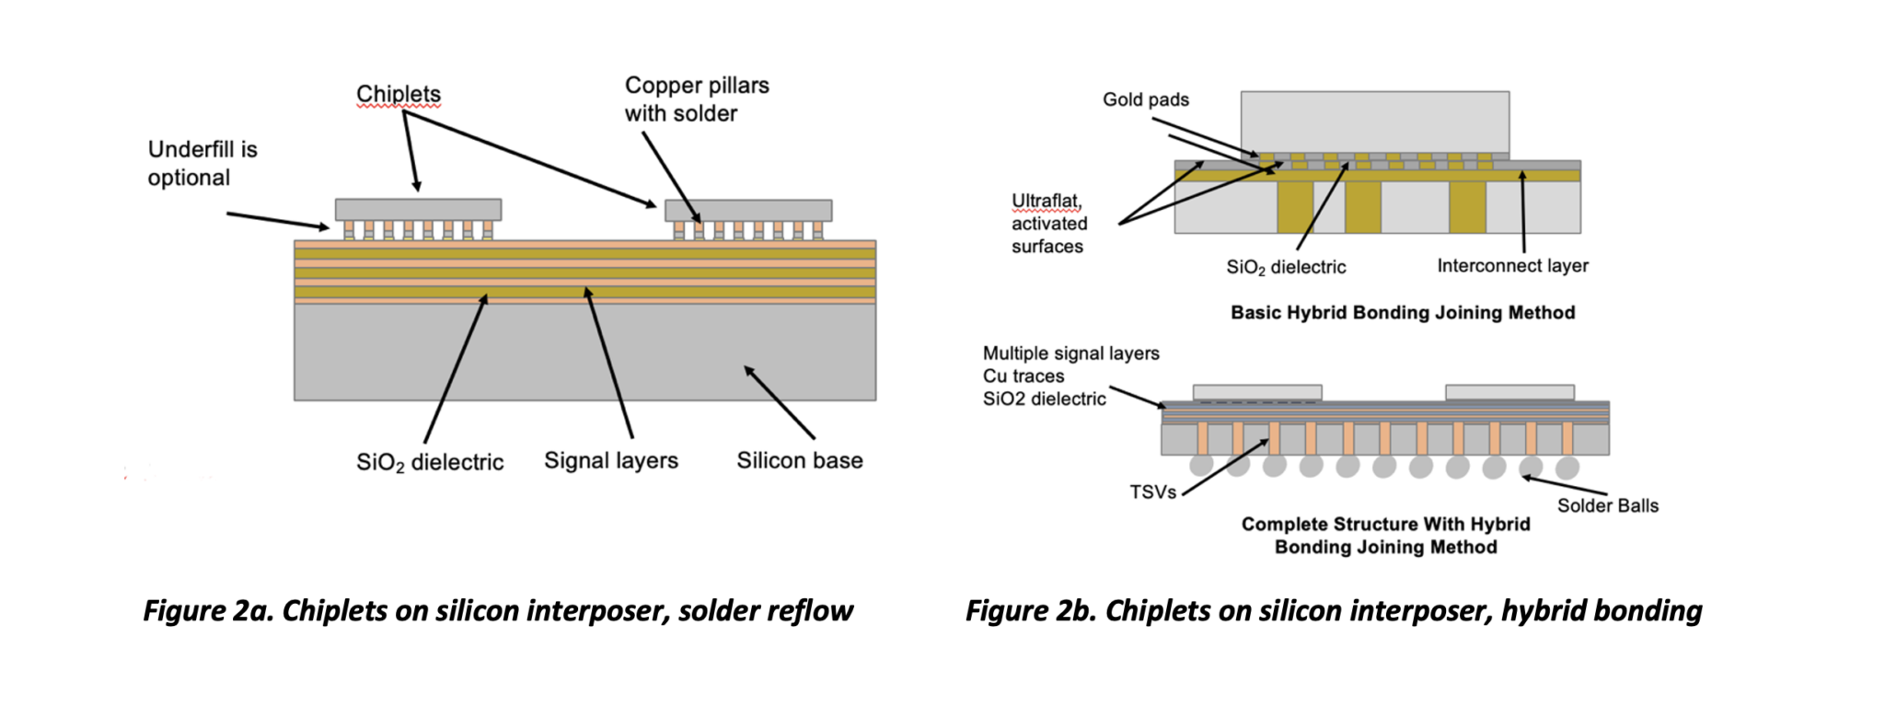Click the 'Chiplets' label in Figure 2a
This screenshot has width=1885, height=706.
(399, 94)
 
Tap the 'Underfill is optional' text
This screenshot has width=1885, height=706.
(202, 163)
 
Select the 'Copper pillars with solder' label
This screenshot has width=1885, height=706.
(696, 99)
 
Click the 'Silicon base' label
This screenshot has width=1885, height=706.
(799, 460)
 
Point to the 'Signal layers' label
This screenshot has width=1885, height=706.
(610, 460)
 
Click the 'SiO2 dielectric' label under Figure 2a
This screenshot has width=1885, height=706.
(430, 462)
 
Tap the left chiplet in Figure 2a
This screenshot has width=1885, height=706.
(418, 209)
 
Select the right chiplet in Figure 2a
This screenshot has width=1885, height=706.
(748, 210)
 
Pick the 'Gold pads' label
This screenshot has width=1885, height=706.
(1145, 99)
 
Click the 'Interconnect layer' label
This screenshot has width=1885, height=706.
(1512, 266)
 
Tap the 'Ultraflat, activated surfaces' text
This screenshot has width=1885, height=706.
(1049, 224)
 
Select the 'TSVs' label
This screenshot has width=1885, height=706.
(1152, 492)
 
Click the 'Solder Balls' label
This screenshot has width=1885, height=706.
(1607, 505)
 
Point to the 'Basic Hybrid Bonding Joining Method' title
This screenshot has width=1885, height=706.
(1403, 313)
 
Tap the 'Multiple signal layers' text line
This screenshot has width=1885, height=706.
(1070, 353)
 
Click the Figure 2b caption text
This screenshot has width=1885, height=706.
(1334, 611)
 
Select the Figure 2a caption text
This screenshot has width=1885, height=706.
(498, 611)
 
